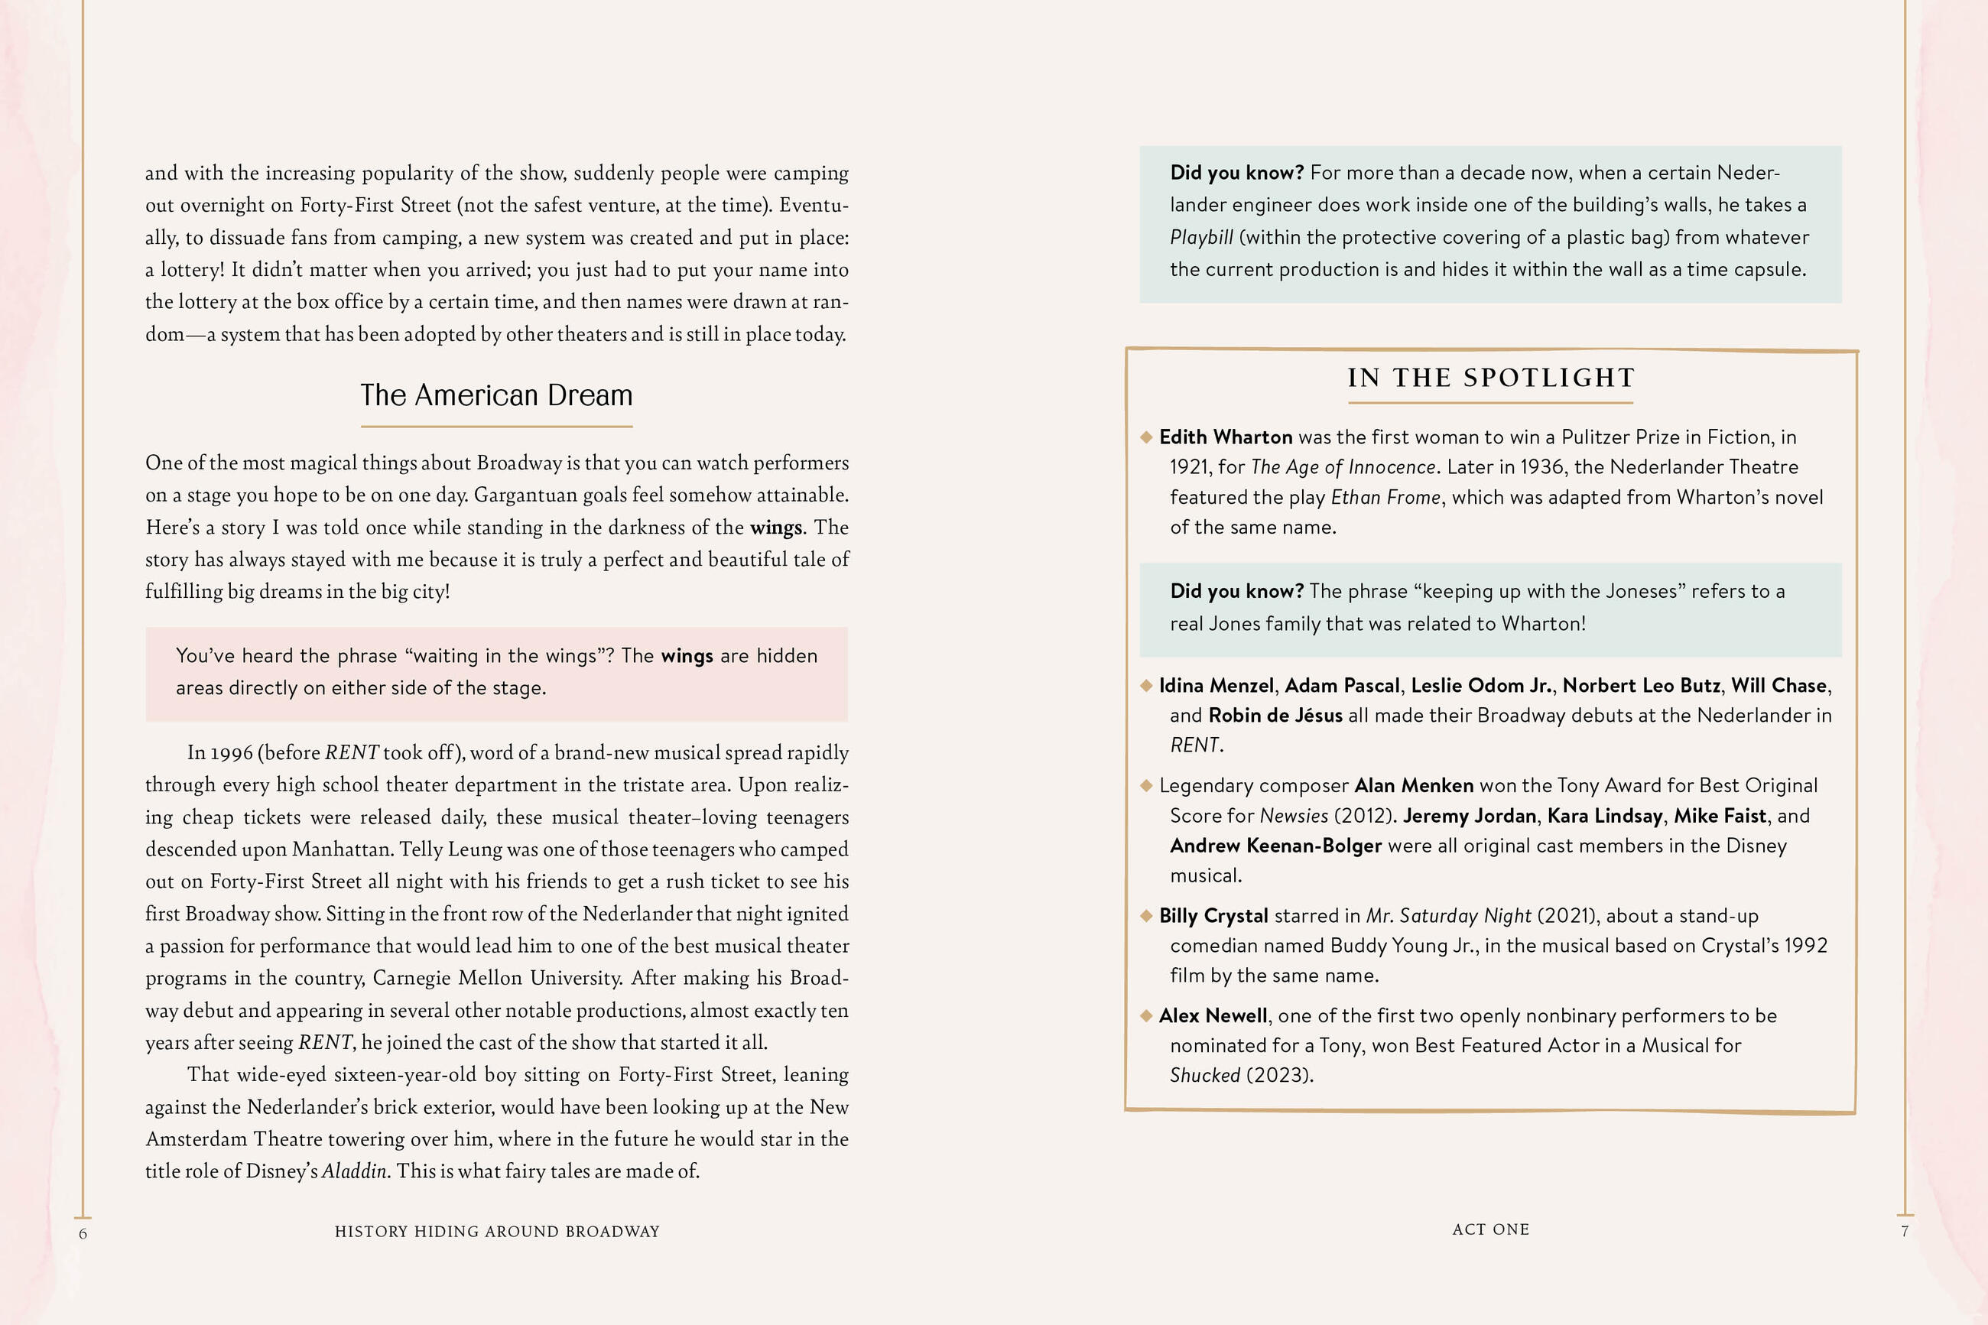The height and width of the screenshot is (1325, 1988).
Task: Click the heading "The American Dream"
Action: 496,395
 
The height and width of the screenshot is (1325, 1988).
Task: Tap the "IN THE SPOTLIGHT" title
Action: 1491,378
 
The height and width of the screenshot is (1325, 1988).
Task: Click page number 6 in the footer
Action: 83,1233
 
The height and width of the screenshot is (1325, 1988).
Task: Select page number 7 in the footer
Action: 1905,1231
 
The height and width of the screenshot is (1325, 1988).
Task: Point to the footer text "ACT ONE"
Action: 1490,1229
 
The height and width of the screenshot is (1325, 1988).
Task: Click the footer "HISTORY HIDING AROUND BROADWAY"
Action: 497,1231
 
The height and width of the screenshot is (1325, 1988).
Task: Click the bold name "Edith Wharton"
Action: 1225,437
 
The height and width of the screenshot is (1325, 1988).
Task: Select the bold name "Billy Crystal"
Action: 1213,915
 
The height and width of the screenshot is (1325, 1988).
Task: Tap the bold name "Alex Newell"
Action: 1213,1015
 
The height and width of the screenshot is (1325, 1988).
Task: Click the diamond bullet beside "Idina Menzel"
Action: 1146,685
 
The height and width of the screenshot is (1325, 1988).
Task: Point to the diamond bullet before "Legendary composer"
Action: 1146,785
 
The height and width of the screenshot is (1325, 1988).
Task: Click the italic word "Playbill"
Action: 1201,238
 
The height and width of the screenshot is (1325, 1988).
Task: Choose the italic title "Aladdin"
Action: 354,1171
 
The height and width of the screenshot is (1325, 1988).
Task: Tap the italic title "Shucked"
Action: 1205,1075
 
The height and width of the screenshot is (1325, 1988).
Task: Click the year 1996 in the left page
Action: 232,753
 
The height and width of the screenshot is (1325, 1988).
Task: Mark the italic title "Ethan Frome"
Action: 1385,497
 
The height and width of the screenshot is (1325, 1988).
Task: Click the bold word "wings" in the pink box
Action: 687,656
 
